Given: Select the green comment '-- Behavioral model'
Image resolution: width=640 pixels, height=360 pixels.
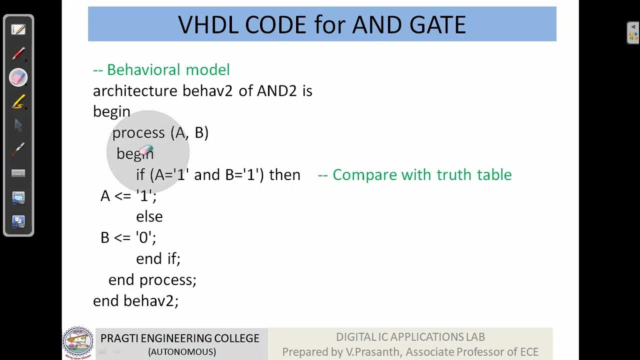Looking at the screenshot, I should pyautogui.click(x=161, y=69).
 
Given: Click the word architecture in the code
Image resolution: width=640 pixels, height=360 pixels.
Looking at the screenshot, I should pyautogui.click(x=135, y=91).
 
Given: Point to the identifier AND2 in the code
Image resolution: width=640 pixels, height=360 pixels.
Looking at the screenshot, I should pyautogui.click(x=276, y=91).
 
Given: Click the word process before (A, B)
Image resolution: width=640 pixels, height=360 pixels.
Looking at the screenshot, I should pyautogui.click(x=138, y=132).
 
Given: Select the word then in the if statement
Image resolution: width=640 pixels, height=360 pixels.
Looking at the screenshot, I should pyautogui.click(x=284, y=174).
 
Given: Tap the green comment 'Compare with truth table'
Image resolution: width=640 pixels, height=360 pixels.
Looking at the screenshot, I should pyautogui.click(x=415, y=174).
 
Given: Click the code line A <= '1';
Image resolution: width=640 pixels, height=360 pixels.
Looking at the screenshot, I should pyautogui.click(x=128, y=195).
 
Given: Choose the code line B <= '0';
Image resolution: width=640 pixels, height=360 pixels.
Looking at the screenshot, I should pyautogui.click(x=128, y=237).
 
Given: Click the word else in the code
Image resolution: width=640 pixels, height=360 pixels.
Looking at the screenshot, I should pyautogui.click(x=149, y=216).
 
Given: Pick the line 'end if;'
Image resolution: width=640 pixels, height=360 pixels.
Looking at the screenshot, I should pyautogui.click(x=158, y=258).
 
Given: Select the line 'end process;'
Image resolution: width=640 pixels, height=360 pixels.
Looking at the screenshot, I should pyautogui.click(x=152, y=279).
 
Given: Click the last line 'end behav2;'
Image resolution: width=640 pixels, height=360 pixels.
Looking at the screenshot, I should pyautogui.click(x=135, y=300).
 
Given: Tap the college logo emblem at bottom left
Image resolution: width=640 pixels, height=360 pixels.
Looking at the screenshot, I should pyautogui.click(x=77, y=343).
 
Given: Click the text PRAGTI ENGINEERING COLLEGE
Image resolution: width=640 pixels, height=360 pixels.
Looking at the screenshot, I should pyautogui.click(x=180, y=338).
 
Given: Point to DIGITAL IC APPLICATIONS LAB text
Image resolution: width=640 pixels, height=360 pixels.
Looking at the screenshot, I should pyautogui.click(x=410, y=337).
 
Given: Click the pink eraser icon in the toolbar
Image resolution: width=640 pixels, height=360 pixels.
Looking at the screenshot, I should pyautogui.click(x=18, y=77).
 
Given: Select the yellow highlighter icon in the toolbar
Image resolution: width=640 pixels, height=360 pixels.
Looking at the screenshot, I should pyautogui.click(x=18, y=102).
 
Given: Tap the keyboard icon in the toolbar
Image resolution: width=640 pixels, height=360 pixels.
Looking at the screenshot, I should pyautogui.click(x=18, y=173).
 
